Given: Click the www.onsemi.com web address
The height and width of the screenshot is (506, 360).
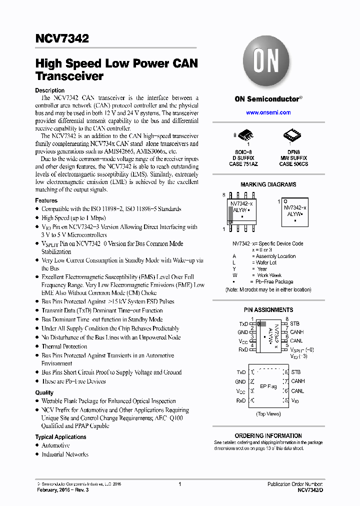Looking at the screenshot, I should [268, 112].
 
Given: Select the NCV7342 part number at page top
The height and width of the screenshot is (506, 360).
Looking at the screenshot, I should [62, 38].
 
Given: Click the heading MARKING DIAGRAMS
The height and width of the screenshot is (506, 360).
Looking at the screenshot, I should [268, 184].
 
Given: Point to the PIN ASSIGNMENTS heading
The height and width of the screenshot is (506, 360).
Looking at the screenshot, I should [268, 310].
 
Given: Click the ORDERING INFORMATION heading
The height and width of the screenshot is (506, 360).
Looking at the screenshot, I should [268, 436].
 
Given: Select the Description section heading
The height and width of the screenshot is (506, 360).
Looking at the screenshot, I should [49, 90].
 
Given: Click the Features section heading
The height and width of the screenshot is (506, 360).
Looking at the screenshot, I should [46, 200].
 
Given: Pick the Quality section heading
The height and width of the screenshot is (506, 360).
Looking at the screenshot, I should [44, 392].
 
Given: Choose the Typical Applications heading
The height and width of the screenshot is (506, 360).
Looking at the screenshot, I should [60, 437].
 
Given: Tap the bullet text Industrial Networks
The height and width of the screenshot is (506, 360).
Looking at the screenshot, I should [65, 454].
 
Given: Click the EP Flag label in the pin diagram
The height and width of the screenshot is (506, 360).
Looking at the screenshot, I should [268, 386].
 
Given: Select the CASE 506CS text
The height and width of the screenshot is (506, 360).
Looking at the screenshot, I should [293, 164].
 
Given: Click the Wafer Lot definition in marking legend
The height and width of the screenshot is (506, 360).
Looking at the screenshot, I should [266, 262].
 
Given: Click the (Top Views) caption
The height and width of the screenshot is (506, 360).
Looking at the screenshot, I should [268, 414].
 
